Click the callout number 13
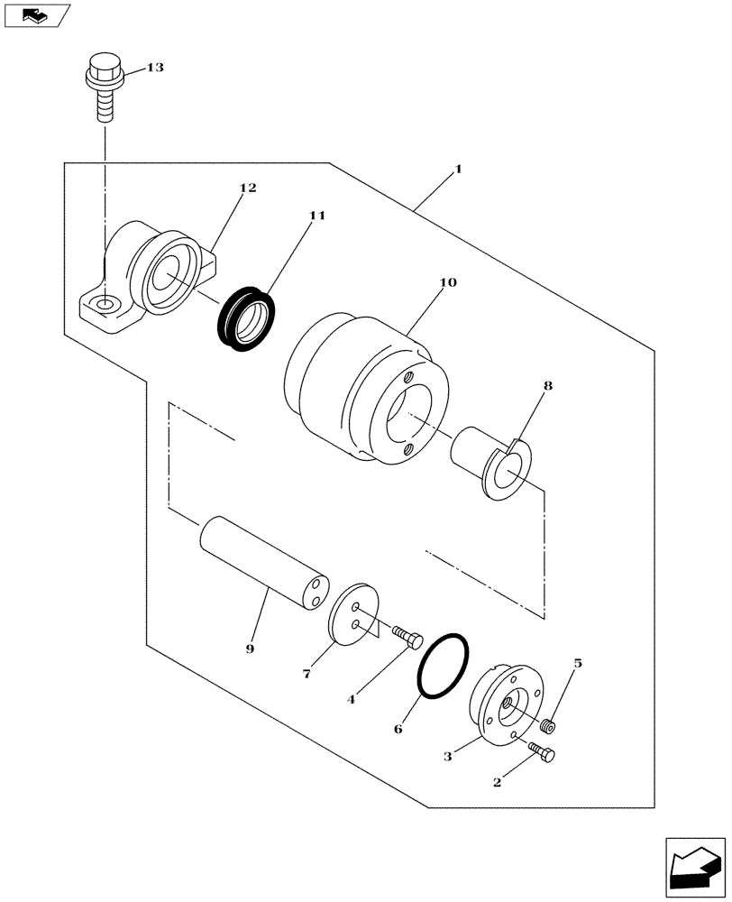155,69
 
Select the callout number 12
248,188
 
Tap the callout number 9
250,649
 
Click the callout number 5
578,664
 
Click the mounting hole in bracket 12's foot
105,308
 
